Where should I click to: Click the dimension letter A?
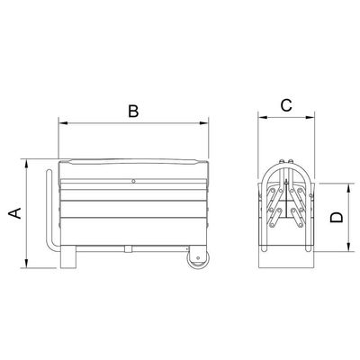click(x=14, y=212)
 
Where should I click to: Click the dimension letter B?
click(x=133, y=111)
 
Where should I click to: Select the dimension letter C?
click(x=286, y=105)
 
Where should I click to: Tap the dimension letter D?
click(x=337, y=217)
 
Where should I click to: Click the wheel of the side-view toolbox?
click(x=197, y=258)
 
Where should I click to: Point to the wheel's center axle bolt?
click(x=198, y=258)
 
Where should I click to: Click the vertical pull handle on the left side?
click(x=50, y=210)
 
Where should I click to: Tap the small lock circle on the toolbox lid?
click(x=133, y=181)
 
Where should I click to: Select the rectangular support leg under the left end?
click(x=68, y=256)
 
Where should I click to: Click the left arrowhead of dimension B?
click(x=62, y=122)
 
